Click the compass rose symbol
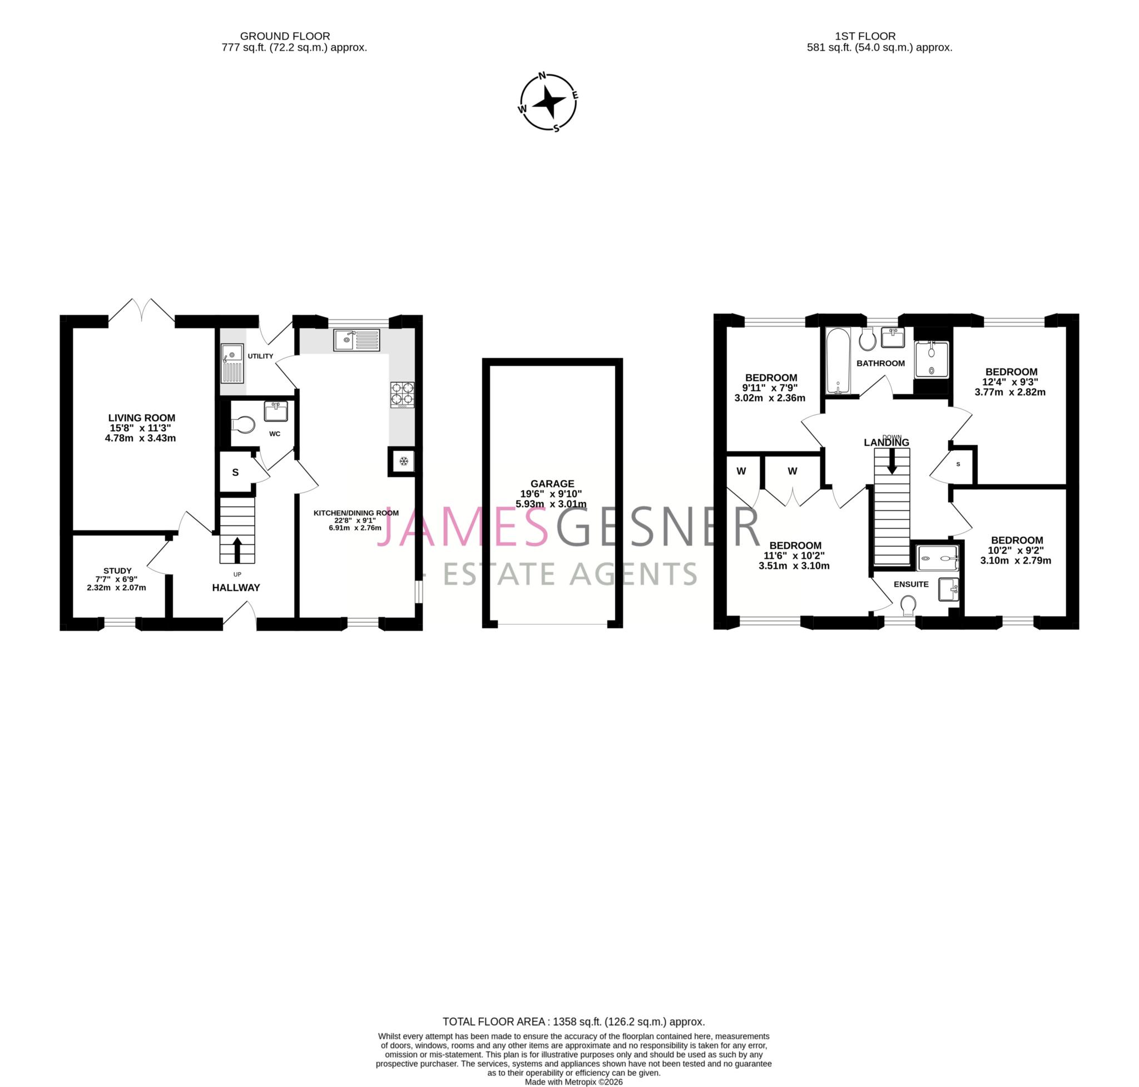coord(548,103)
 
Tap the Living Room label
coord(141,418)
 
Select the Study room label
coord(117,570)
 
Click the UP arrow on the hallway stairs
coord(237,549)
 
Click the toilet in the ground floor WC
coord(244,425)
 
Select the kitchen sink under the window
coord(356,340)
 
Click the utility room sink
coord(231,362)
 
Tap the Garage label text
coord(552,483)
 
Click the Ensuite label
coord(910,584)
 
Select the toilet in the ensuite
coord(909,605)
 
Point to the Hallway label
coord(236,588)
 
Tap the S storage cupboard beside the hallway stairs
coord(235,472)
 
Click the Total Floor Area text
coord(573,1021)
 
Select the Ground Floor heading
coord(285,36)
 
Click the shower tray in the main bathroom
coord(931,359)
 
